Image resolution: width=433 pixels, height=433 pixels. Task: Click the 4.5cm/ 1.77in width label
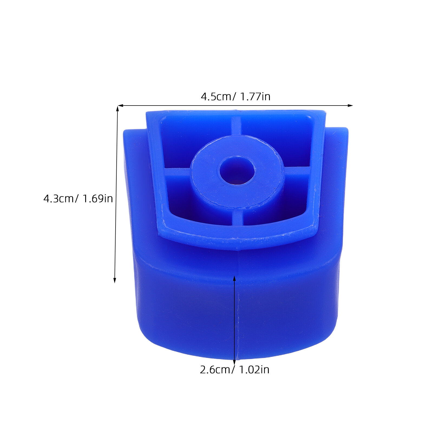[x=235, y=97]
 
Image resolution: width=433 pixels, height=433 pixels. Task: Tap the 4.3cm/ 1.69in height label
[x=78, y=199]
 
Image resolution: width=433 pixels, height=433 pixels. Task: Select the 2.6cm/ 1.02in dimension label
[x=235, y=370]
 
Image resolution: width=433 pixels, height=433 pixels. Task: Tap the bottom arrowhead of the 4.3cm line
[x=115, y=280]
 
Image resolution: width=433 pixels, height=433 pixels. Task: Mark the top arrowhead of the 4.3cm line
[x=117, y=109]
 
